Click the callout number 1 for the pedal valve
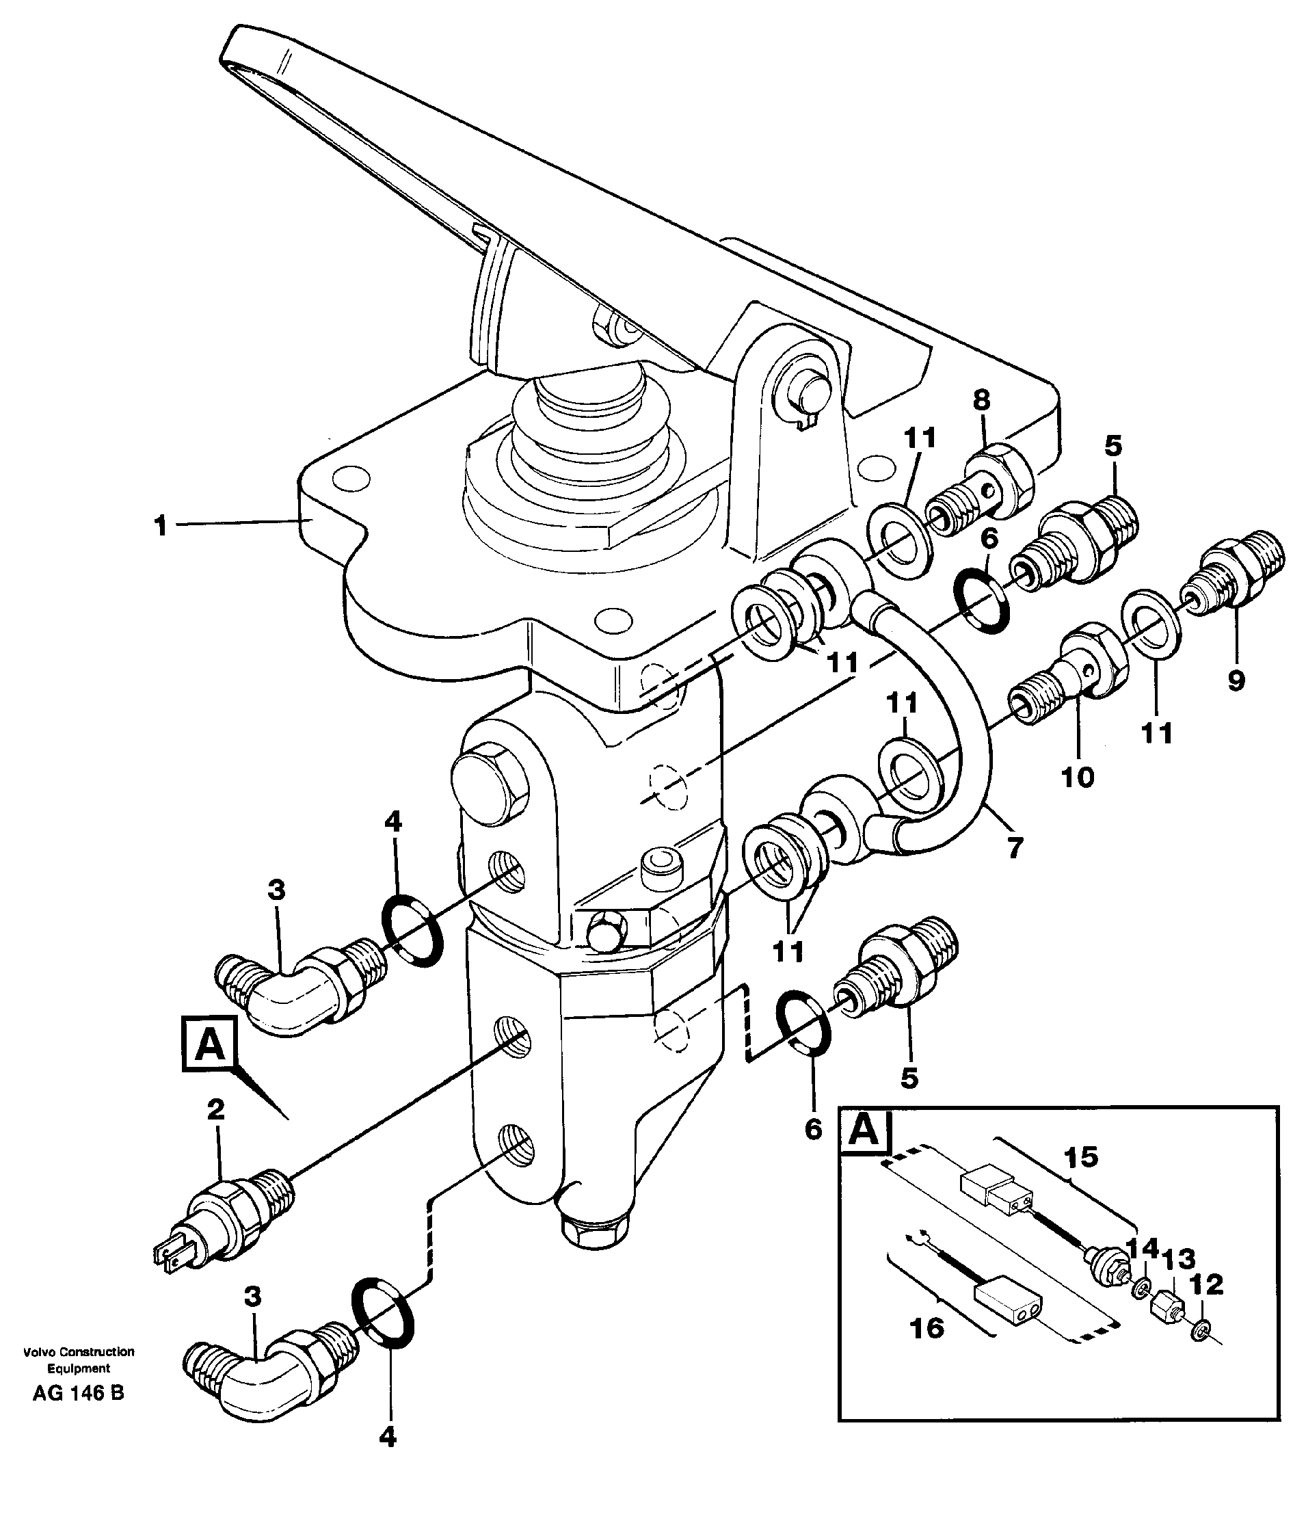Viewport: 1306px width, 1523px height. (160, 527)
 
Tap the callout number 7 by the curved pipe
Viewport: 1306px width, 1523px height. (1014, 848)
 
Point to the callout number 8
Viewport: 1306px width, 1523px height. (981, 401)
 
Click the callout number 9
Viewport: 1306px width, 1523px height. (1236, 680)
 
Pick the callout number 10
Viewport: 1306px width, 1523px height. (1078, 777)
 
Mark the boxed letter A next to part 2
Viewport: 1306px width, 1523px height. (211, 1044)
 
